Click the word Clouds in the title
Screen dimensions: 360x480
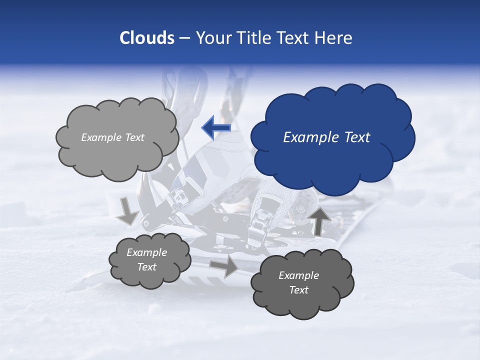tap(146, 38)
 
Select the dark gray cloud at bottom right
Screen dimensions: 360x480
tap(302, 300)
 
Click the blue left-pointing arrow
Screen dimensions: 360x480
tap(216, 127)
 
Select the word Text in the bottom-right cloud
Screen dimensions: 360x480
tap(298, 290)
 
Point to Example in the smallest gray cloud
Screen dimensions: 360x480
tap(146, 252)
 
